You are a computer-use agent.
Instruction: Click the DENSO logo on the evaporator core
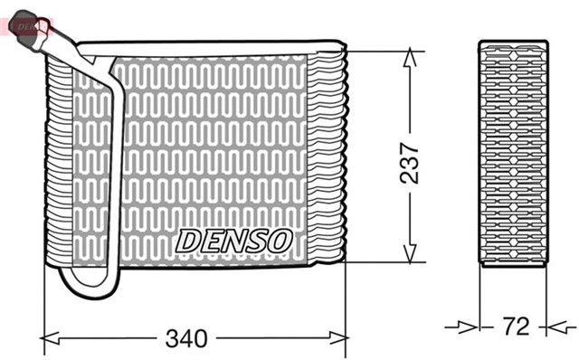point(233,240)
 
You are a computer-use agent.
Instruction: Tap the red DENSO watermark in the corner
point(29,24)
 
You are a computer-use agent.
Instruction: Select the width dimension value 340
point(185,339)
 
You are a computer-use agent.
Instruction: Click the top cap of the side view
point(512,43)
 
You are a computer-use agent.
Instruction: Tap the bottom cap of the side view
point(512,262)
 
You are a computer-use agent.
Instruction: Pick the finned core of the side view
point(512,154)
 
